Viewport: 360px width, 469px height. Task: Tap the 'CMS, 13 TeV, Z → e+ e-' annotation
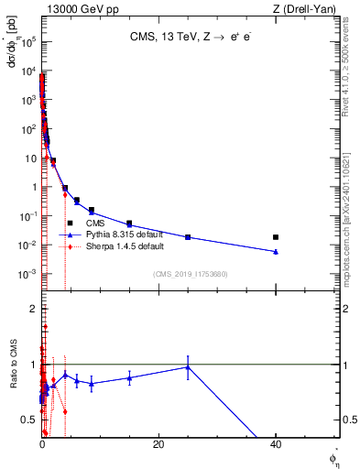(x=190, y=38)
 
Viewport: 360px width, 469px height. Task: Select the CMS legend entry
(x=95, y=223)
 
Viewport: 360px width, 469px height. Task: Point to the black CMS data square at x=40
(x=276, y=237)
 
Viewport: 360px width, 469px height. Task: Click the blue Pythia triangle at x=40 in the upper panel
(x=276, y=251)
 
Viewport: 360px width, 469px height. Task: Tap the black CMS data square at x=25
(x=188, y=237)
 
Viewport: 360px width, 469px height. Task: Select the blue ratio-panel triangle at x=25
(x=188, y=367)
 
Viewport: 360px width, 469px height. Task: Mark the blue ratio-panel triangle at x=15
(x=129, y=377)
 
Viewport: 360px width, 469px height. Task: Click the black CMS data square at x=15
(x=129, y=224)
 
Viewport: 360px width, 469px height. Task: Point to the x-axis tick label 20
(x=158, y=444)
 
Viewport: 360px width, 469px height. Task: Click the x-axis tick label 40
(x=276, y=444)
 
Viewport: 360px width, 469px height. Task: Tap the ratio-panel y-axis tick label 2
(x=32, y=310)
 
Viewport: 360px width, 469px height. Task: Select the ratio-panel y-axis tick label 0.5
(x=28, y=420)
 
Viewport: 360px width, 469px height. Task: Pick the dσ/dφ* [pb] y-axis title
(x=13, y=55)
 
